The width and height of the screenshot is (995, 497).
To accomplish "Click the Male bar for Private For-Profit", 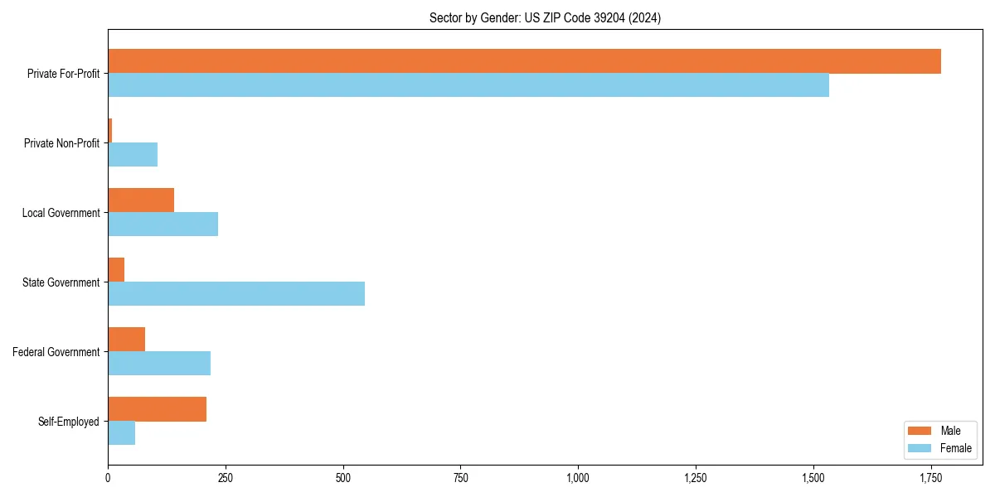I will click(x=524, y=61).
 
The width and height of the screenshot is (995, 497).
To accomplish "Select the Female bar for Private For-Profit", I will click(x=468, y=85).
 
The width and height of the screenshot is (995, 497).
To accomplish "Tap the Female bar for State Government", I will click(x=236, y=294).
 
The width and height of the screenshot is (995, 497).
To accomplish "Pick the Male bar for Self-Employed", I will click(x=157, y=409).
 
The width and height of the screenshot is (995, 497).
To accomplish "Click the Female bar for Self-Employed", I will click(x=121, y=433).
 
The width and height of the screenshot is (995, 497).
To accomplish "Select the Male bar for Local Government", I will click(x=141, y=200).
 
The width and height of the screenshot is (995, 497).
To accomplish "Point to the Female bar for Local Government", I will click(x=163, y=224).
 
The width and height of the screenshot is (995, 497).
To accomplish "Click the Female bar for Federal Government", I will click(x=159, y=364).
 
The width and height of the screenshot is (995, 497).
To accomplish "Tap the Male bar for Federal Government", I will click(x=126, y=340).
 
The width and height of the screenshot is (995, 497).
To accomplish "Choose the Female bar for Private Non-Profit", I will click(x=133, y=155).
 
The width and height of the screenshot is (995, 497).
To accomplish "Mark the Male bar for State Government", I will click(x=116, y=270).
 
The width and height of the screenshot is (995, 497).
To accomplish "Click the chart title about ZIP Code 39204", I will click(x=545, y=17).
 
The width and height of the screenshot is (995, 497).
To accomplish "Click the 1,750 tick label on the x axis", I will click(x=930, y=478).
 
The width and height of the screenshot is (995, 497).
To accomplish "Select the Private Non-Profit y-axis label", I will click(x=61, y=143).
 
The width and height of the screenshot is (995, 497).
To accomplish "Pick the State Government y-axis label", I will click(x=61, y=282).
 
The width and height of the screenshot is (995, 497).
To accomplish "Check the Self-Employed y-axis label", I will click(x=68, y=422).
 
